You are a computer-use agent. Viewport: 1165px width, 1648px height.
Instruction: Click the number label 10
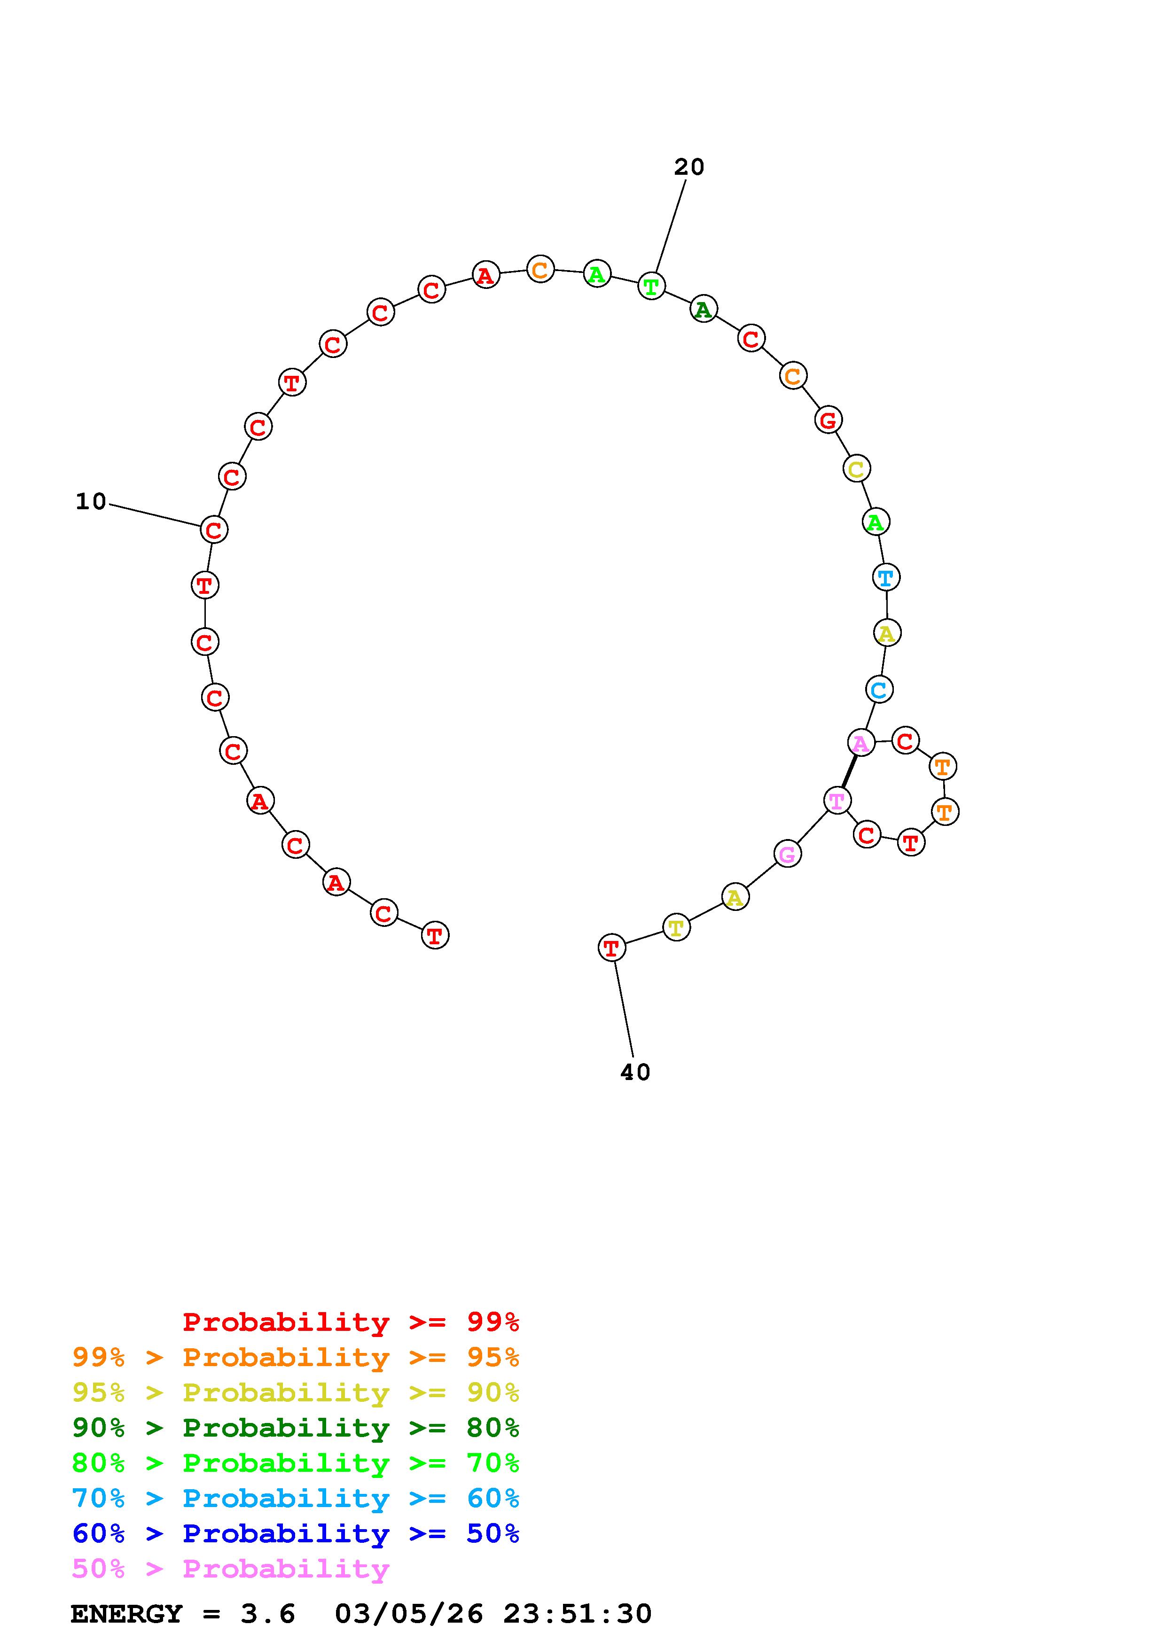click(91, 502)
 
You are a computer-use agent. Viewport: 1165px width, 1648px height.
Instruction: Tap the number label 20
click(689, 167)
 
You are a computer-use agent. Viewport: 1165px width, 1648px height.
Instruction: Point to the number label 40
click(635, 1073)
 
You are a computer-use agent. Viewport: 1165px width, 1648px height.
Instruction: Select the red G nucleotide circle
click(829, 420)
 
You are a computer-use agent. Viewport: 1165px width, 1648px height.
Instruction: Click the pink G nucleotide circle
click(788, 854)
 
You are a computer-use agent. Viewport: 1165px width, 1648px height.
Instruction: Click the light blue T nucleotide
click(886, 577)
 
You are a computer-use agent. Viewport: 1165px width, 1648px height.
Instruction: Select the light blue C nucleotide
click(879, 690)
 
